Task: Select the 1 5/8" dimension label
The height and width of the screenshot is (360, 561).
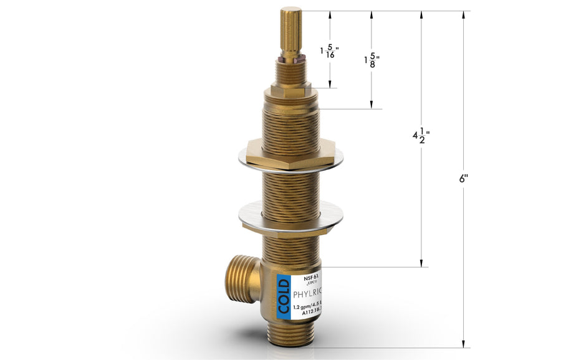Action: [372, 60]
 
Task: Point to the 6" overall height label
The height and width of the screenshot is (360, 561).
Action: [464, 178]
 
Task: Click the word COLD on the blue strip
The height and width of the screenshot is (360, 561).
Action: [284, 297]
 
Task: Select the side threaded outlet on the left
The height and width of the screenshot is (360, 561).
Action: [241, 278]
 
